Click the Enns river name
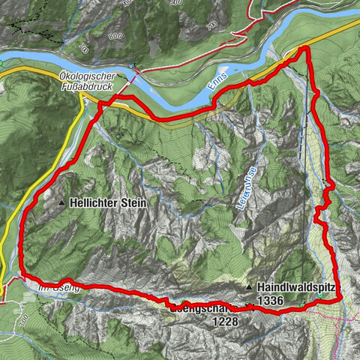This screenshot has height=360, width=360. point(220,91)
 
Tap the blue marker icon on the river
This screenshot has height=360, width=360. point(132,66)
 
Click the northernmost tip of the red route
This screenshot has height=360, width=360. point(305,49)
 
